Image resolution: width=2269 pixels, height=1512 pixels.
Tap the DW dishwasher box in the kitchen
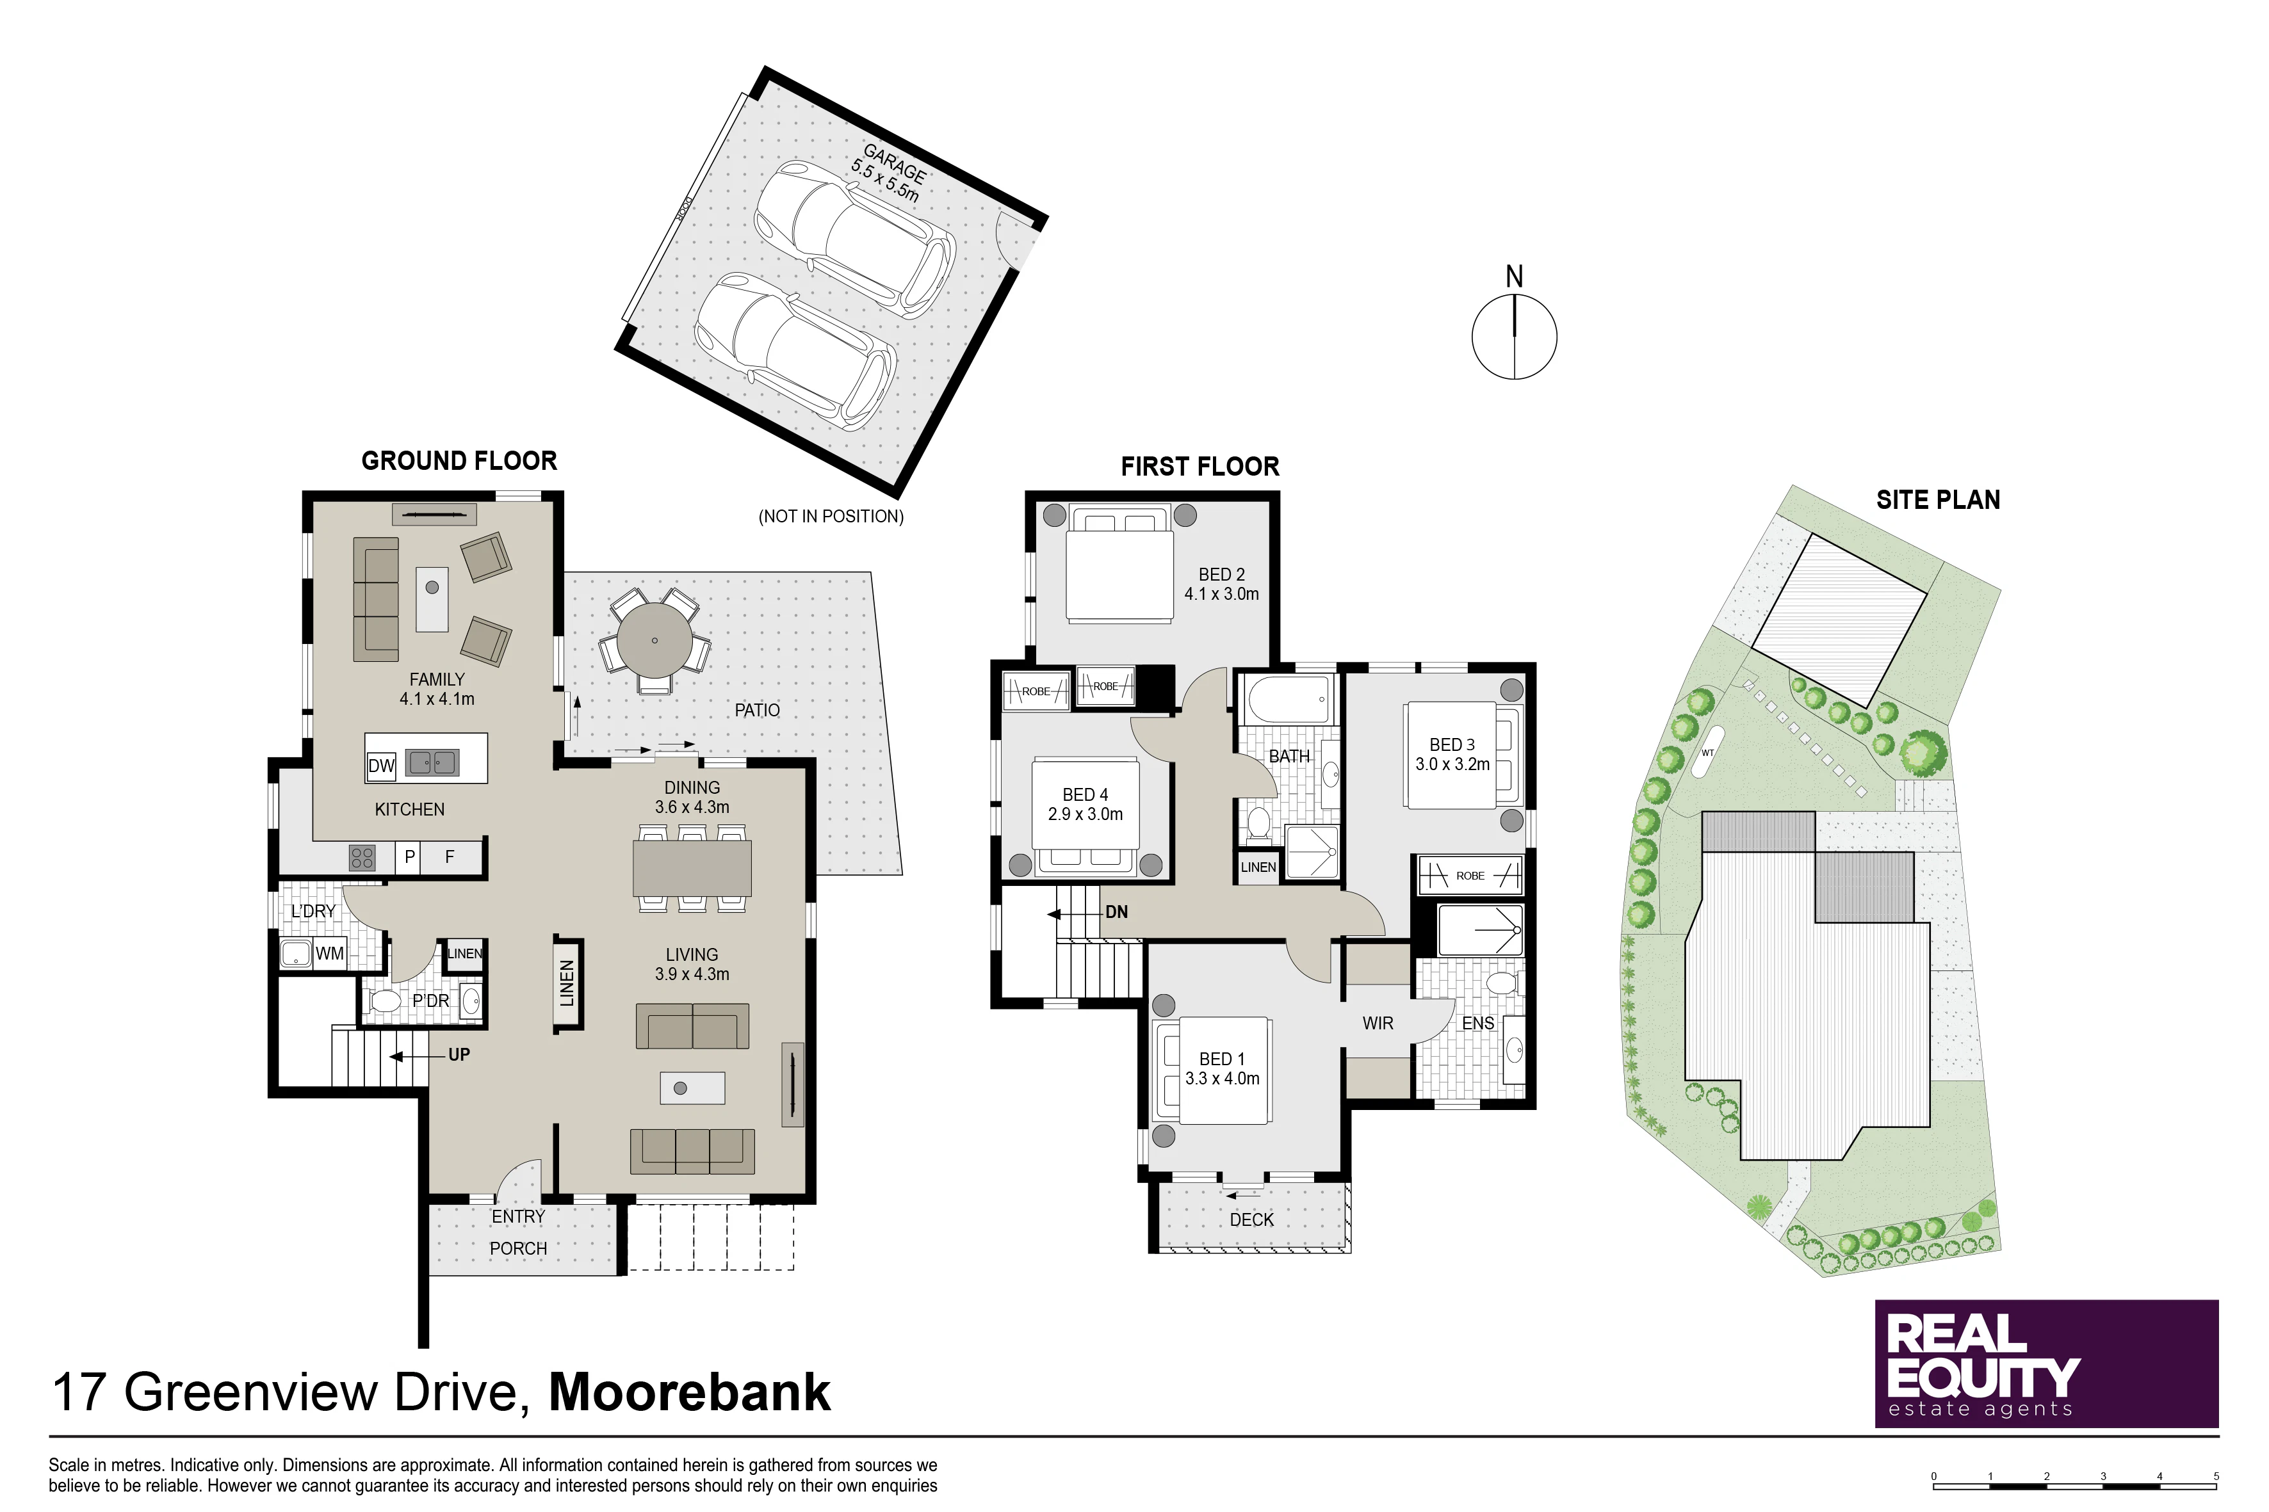coord(382,766)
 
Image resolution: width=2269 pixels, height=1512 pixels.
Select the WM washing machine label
coord(330,954)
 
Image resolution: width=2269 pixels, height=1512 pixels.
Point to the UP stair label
coord(459,1055)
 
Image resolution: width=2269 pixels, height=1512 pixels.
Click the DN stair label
coord(1116,912)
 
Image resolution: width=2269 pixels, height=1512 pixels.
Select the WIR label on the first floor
coord(1378,1023)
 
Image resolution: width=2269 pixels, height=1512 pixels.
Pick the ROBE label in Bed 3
coord(1470,876)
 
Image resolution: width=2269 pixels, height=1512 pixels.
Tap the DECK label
coord(1251,1220)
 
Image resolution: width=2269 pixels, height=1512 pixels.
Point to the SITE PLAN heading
coord(1938,499)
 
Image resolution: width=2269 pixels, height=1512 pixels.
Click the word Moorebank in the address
coord(690,1392)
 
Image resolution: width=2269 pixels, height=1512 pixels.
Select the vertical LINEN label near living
coord(567,984)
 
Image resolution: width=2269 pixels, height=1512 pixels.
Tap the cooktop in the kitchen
coord(362,857)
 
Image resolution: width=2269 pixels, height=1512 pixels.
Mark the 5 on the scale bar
coord(2216,1476)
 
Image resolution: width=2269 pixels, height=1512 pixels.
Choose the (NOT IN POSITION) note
coord(831,517)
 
